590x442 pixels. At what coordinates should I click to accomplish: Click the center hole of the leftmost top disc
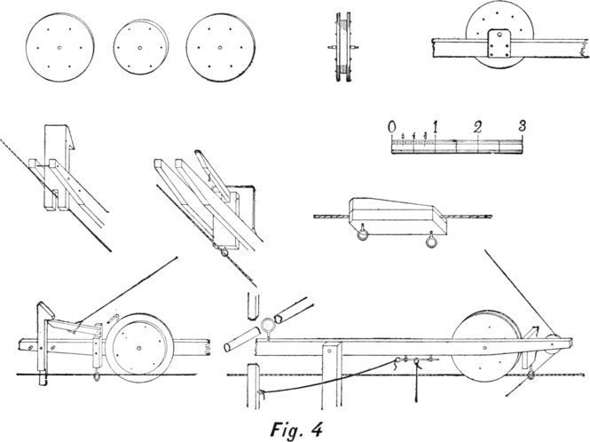(x=59, y=46)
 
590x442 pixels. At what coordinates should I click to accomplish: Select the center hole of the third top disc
(x=218, y=44)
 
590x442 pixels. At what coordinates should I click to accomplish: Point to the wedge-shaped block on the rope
(x=394, y=212)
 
